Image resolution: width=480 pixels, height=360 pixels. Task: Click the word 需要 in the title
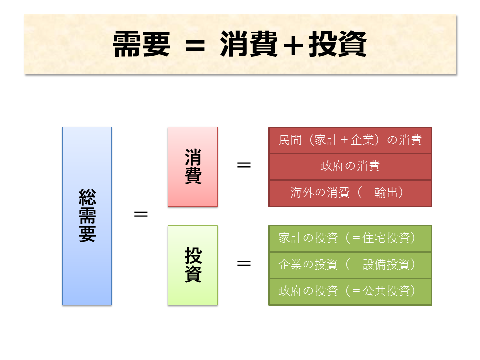click(141, 45)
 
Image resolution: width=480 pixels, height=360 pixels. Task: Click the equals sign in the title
click(195, 45)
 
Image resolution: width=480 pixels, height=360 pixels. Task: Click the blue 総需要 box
click(87, 216)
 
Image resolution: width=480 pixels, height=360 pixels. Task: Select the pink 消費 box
click(193, 167)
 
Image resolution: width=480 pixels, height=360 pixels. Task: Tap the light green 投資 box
click(193, 265)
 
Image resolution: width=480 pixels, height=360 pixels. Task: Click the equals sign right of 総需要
click(141, 214)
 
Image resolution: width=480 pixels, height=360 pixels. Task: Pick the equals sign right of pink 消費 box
click(244, 165)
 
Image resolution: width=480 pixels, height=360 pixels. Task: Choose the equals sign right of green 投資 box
click(244, 263)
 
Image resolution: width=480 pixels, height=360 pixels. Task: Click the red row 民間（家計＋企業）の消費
click(350, 140)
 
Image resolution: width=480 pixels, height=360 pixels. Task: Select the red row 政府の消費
click(350, 166)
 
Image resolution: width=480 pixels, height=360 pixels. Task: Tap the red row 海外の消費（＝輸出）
click(350, 193)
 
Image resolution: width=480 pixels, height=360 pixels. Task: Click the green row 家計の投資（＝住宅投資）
click(350, 238)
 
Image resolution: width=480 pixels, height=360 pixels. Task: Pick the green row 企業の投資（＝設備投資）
click(350, 265)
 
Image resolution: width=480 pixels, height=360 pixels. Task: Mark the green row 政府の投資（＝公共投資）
click(350, 291)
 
